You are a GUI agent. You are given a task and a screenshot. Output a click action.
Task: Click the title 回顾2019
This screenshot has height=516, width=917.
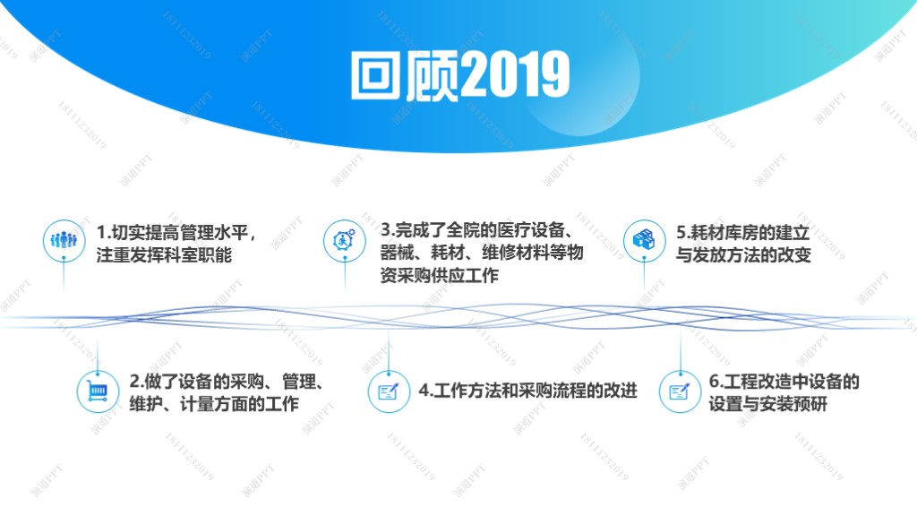(x=460, y=75)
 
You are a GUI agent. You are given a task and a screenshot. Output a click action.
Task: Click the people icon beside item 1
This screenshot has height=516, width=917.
(x=64, y=240)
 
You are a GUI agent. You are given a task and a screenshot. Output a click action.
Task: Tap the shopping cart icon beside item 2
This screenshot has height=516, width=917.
(x=97, y=391)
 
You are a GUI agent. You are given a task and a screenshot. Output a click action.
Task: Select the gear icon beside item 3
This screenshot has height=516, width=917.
(x=345, y=240)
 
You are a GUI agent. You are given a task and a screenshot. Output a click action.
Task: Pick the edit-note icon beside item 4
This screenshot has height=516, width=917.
(x=389, y=391)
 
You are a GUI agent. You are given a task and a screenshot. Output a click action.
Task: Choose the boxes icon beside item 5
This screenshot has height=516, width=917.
(x=644, y=240)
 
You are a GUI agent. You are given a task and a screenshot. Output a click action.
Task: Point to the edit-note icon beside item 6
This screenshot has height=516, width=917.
(x=680, y=391)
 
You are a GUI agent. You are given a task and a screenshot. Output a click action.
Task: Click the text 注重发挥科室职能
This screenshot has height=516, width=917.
(x=165, y=255)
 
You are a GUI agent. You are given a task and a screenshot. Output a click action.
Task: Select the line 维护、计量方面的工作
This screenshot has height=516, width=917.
(x=214, y=404)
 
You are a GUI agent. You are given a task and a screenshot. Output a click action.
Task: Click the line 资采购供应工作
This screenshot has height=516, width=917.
(x=439, y=275)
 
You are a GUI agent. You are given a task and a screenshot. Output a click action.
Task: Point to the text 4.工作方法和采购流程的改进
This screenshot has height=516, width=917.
(x=528, y=391)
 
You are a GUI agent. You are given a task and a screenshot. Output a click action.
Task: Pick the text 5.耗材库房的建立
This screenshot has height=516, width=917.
(x=743, y=232)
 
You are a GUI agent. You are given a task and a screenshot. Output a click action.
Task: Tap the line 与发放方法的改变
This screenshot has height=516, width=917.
(x=743, y=255)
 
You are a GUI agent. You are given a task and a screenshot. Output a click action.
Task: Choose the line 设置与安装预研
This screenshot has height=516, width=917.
(x=767, y=404)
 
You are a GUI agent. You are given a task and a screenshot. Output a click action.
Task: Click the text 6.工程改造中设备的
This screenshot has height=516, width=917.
(x=784, y=382)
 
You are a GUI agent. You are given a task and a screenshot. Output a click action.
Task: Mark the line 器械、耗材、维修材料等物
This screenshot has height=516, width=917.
(x=482, y=252)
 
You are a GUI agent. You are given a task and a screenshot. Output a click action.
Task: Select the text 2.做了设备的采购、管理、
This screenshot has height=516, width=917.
(x=227, y=382)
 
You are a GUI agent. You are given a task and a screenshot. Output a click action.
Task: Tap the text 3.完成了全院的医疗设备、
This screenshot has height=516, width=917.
(x=476, y=230)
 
